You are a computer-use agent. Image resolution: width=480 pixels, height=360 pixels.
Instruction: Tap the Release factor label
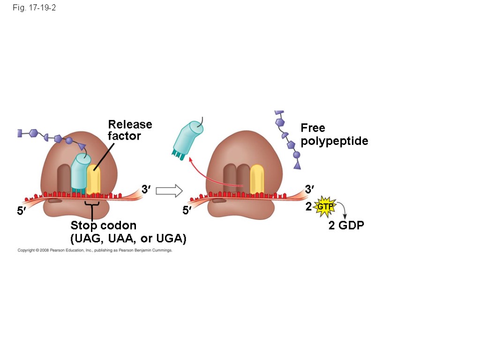pos(130,130)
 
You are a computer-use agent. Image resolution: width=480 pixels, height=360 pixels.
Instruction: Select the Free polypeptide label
pos(334,134)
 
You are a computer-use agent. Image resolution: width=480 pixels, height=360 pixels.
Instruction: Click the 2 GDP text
pos(346,225)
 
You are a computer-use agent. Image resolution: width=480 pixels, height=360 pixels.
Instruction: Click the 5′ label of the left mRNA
pos(22,211)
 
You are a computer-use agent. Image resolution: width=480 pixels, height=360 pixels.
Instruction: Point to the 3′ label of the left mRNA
pos(146,189)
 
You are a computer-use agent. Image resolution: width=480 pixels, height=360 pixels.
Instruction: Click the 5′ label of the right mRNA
pos(187,211)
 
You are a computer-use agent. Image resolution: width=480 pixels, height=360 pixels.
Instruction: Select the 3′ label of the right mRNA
pos(309,189)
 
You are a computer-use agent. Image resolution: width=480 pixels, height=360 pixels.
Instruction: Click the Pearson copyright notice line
pos(95,251)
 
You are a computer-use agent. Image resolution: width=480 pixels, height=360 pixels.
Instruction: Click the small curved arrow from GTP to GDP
pos(343,210)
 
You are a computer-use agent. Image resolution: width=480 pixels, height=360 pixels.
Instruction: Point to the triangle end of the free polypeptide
pos(297,165)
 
